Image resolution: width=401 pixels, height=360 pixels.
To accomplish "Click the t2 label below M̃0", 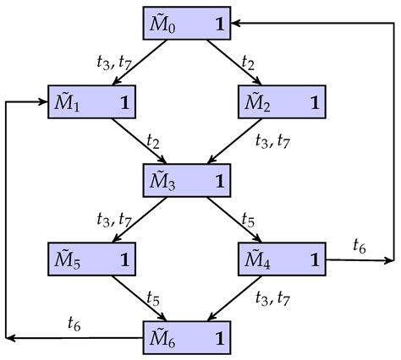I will pyautogui.click(x=248, y=63).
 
